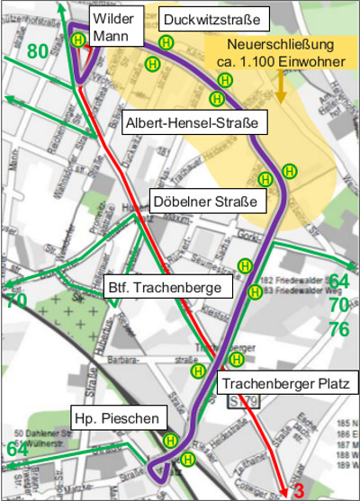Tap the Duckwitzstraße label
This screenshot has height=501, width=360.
[x=213, y=19]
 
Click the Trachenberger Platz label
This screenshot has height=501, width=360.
[x=286, y=384]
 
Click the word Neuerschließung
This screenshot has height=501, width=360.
[x=280, y=44]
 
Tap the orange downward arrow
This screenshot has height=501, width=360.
[x=281, y=87]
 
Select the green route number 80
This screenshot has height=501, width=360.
[x=37, y=51]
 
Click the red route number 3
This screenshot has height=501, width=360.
[x=300, y=491]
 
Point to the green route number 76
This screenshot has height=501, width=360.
[x=338, y=328]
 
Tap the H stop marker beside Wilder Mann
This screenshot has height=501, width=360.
[x=79, y=40]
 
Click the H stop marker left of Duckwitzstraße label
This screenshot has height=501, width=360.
[x=166, y=41]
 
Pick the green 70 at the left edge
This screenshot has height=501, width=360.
[x=16, y=301]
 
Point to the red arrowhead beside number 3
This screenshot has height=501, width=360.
[x=285, y=489]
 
